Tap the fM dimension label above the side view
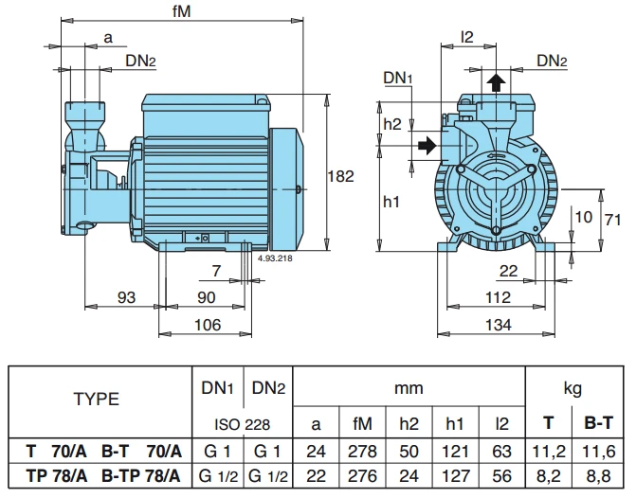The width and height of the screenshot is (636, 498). pyautogui.click(x=181, y=11)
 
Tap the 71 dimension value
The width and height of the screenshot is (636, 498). pyautogui.click(x=613, y=220)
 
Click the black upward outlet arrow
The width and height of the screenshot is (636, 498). pyautogui.click(x=494, y=83)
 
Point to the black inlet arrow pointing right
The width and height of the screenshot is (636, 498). pyautogui.click(x=428, y=146)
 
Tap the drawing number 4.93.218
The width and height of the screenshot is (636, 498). pyautogui.click(x=275, y=256)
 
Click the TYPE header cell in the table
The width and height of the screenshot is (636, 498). pyautogui.click(x=97, y=399)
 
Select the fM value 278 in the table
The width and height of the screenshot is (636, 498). pyautogui.click(x=364, y=448)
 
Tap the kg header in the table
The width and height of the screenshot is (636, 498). pyautogui.click(x=572, y=387)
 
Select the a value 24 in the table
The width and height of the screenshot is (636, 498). pyautogui.click(x=318, y=448)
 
